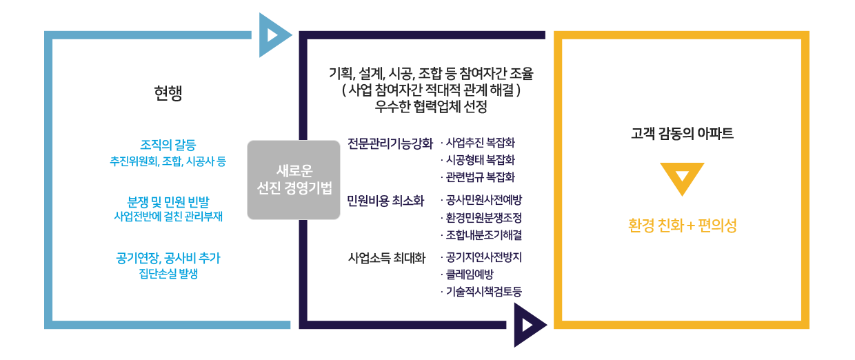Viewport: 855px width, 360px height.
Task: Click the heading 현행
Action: tap(168, 94)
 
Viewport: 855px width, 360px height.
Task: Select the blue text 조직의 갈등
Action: tap(168, 146)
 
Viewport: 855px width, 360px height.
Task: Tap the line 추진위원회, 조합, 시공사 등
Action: tap(168, 162)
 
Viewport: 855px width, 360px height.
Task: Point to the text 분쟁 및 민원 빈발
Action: tap(168, 201)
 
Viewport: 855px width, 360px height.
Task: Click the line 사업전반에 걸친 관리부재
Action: tap(168, 217)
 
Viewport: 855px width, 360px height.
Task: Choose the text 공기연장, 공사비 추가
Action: tap(168, 258)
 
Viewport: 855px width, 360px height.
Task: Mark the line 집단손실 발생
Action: tap(168, 274)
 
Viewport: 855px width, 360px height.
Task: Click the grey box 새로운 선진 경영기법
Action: tap(294, 179)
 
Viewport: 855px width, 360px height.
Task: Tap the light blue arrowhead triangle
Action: tap(273, 34)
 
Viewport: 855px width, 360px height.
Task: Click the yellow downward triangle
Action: tap(681, 177)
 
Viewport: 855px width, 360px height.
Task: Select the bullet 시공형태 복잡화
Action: tap(480, 160)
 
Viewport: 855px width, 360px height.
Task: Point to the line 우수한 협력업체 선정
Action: tap(431, 108)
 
